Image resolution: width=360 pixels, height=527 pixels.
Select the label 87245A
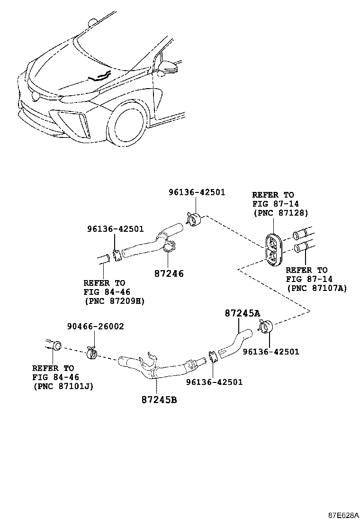coord(243,313)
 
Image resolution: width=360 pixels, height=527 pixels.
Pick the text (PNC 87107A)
coord(316,288)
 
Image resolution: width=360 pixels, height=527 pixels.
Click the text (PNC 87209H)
coord(114,300)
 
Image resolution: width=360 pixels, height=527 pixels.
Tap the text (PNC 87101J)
coord(63,386)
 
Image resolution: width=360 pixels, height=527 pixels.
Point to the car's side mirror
coord(169,68)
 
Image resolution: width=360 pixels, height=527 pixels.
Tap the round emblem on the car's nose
coord(36,95)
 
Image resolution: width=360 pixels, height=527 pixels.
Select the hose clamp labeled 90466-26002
coord(92,354)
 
